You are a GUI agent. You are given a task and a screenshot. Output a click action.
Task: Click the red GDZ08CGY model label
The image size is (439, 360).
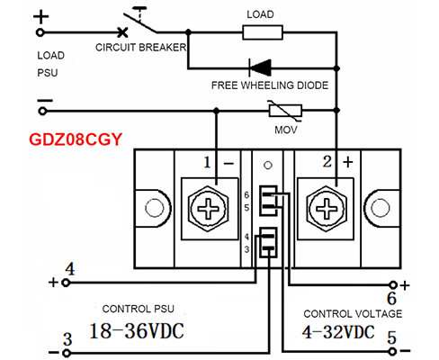76,139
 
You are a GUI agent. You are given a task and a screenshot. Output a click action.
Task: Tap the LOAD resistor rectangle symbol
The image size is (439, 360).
263,32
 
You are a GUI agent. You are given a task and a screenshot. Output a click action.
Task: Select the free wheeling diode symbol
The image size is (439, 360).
260,67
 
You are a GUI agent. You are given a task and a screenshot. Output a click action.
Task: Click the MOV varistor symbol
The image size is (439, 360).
285,111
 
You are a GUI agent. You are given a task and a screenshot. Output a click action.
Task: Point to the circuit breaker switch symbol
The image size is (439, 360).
139,22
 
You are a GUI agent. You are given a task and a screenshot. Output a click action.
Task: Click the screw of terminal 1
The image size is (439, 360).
209,208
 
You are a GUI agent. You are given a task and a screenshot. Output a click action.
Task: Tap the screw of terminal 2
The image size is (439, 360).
327,208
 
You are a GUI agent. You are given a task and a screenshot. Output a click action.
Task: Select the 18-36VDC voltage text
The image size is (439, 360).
137,331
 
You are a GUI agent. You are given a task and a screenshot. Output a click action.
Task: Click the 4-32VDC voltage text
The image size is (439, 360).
338,332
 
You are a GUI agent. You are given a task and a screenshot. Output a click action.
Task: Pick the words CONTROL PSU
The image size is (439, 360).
139,309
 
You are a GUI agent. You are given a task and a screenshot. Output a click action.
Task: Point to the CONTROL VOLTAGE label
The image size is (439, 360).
353,314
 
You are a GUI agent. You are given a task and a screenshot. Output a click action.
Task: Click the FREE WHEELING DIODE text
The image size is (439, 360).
270,85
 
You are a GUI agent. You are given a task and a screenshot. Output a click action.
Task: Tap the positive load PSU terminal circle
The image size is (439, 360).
40,32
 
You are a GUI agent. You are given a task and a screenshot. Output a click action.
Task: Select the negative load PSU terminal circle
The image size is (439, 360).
42,112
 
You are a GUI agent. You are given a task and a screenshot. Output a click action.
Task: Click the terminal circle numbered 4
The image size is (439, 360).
66,283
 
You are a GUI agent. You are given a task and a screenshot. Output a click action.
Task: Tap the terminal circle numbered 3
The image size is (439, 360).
67,353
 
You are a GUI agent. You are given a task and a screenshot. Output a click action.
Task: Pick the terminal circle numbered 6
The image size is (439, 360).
393,284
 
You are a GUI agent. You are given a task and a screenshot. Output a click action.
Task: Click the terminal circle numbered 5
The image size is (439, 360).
392,351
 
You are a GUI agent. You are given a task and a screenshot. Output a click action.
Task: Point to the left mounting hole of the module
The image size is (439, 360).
155,208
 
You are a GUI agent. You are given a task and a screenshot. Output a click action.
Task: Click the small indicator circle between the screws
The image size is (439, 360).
268,166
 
